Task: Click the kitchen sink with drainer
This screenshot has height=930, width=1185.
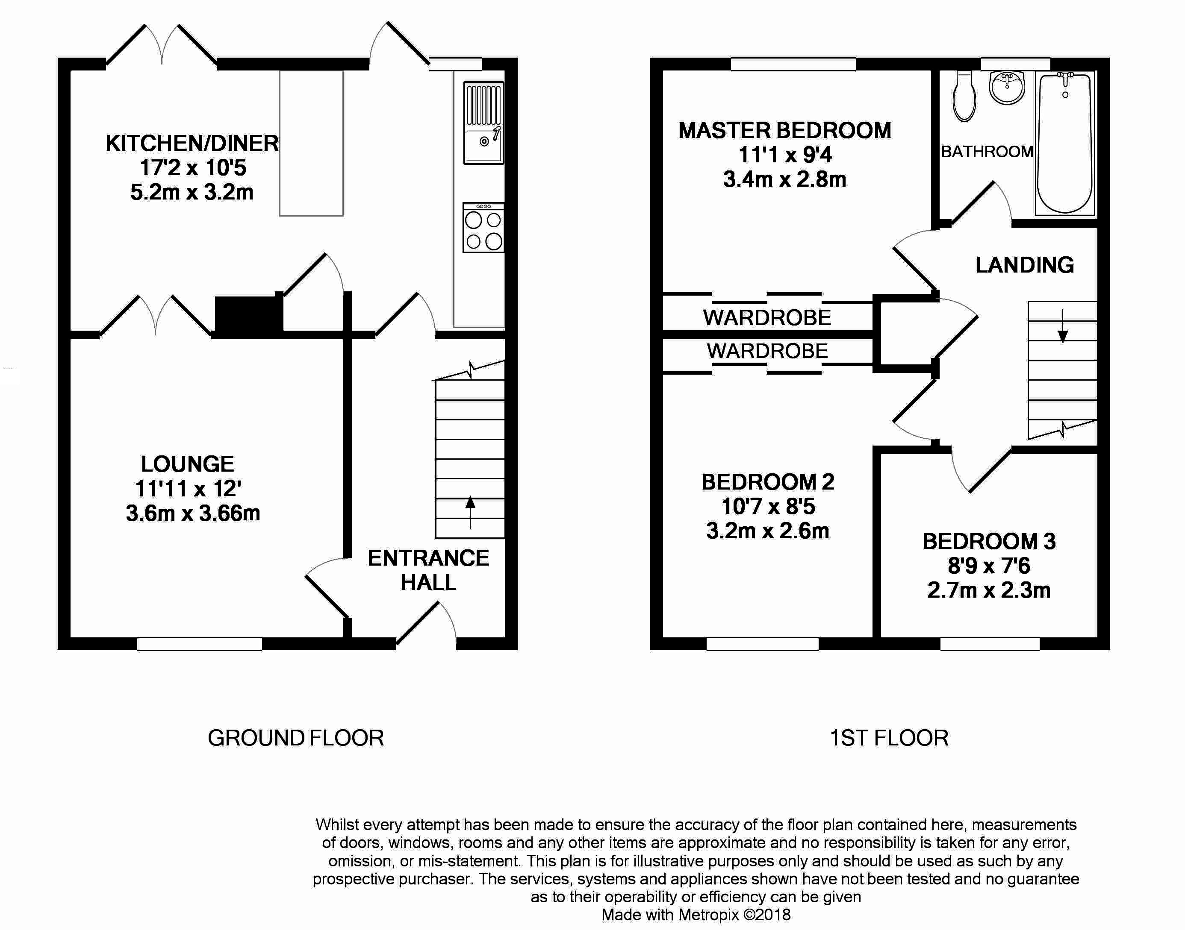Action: click(x=483, y=123)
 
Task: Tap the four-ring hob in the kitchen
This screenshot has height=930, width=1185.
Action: click(x=483, y=228)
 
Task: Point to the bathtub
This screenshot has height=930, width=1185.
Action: click(x=1065, y=143)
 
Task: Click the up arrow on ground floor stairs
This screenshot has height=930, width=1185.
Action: click(x=470, y=512)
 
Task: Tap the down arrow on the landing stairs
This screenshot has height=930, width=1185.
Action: click(x=1062, y=326)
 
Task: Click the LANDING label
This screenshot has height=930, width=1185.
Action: click(x=1024, y=265)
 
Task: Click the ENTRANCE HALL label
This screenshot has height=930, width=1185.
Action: click(x=428, y=570)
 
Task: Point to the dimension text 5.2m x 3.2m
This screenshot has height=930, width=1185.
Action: click(x=192, y=192)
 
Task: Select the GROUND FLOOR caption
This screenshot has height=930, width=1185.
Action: click(x=296, y=738)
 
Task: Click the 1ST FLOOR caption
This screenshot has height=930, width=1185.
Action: click(x=889, y=738)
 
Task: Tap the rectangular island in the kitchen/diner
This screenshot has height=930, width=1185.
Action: click(x=311, y=143)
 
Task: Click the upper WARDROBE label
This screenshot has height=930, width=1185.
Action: click(x=767, y=317)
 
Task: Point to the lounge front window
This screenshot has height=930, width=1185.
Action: click(x=199, y=644)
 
